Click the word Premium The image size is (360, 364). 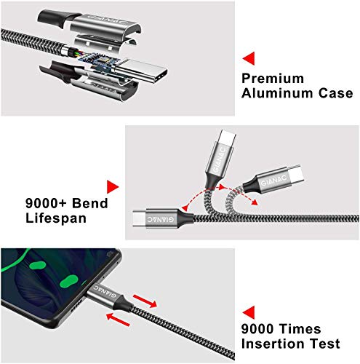pyautogui.click(x=273, y=79)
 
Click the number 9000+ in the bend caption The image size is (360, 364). pyautogui.click(x=46, y=203)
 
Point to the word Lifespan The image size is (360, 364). pyautogui.click(x=56, y=218)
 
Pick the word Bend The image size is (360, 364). pyautogui.click(x=90, y=203)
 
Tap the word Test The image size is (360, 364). pyautogui.click(x=325, y=344)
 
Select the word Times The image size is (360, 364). pyautogui.click(x=300, y=329)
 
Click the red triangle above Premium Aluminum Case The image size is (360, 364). pyautogui.click(x=249, y=58)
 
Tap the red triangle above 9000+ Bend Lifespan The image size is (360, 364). pyautogui.click(x=112, y=187)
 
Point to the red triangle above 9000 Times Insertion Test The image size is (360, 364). pyautogui.click(x=249, y=312)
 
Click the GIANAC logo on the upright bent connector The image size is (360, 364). pyautogui.click(x=220, y=160)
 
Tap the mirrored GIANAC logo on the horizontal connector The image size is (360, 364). pyautogui.click(x=161, y=219)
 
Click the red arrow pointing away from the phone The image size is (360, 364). pyautogui.click(x=145, y=301)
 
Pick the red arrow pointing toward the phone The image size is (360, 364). pyautogui.click(x=118, y=320)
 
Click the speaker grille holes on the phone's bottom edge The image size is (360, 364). pyautogui.click(x=76, y=307)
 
